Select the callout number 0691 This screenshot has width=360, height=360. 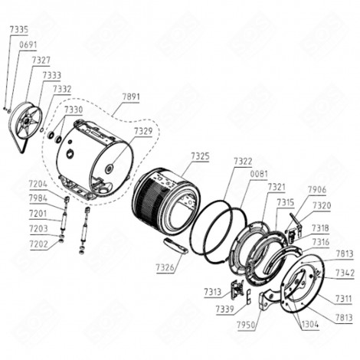click(x=28, y=45)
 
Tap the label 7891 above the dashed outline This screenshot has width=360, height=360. click(x=132, y=97)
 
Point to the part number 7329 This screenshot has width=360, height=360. click(x=143, y=131)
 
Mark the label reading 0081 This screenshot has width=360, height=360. click(x=258, y=174)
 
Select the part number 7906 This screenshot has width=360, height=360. click(x=317, y=189)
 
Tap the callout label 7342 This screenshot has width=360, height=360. click(x=344, y=273)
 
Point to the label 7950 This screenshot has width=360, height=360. click(x=247, y=326)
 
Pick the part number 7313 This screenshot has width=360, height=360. click(x=213, y=292)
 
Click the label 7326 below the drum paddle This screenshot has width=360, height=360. click(x=165, y=267)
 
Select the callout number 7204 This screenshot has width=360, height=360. click(x=38, y=184)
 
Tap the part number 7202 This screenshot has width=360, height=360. click(x=38, y=244)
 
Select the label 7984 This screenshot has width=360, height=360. click(x=38, y=198)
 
